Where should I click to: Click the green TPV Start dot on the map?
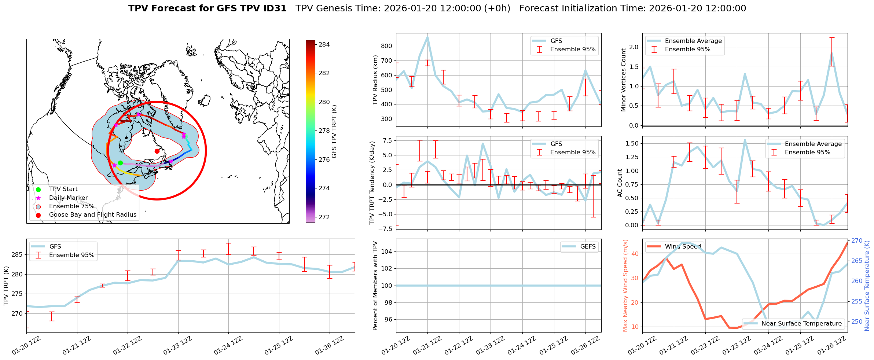tap(120, 163)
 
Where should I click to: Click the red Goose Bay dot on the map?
tap(157, 151)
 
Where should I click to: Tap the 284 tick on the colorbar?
tap(324, 45)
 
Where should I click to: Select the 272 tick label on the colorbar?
tap(324, 217)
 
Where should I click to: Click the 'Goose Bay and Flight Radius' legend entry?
tap(92, 215)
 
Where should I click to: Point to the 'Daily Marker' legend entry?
tap(68, 198)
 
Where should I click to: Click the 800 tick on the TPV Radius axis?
tap(387, 46)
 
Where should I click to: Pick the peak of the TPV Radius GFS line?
tap(427, 37)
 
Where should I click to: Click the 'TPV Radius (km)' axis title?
tap(375, 80)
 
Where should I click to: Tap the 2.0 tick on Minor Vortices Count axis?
tap(634, 47)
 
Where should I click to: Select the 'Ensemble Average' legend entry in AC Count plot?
tap(813, 144)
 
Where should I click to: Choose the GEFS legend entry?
tap(588, 247)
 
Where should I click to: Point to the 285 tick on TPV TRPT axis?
tap(18, 255)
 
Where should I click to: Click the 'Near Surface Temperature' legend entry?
tap(801, 324)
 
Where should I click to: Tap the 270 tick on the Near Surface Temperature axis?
tap(857, 241)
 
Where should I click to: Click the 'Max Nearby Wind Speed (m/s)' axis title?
tap(625, 285)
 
